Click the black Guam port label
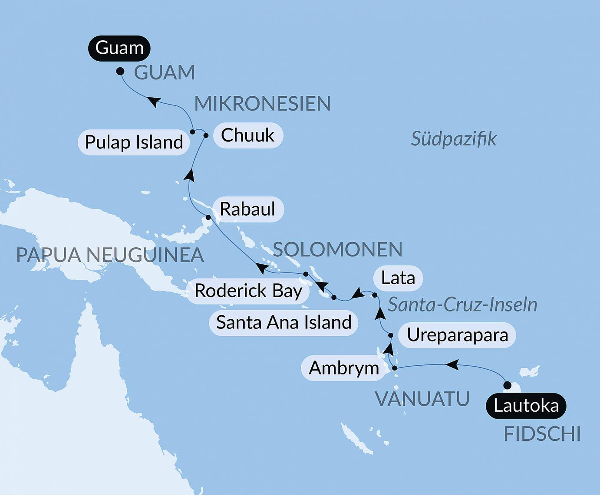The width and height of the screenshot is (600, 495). (x=119, y=48)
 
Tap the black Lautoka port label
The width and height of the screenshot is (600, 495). (x=526, y=406)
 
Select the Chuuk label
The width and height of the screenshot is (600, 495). (x=247, y=135)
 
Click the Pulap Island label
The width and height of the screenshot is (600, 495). (x=134, y=142)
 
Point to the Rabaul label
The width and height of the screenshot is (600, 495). (x=247, y=209)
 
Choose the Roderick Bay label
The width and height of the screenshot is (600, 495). (x=248, y=291)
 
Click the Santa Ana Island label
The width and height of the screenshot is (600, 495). (x=284, y=322)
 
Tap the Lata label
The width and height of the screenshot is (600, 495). (x=398, y=278)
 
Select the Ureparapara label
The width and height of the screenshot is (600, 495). (x=457, y=335)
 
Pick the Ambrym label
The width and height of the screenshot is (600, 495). (x=343, y=368)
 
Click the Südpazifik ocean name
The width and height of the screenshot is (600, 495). (x=453, y=139)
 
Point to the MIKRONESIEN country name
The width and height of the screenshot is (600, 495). (x=262, y=104)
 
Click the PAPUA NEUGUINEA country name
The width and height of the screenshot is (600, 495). (x=110, y=255)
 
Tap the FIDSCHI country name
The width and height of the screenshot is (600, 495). (x=542, y=434)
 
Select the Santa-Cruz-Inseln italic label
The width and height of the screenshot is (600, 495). (x=462, y=305)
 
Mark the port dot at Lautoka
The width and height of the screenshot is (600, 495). (x=507, y=385)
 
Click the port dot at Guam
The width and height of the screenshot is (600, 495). (x=120, y=71)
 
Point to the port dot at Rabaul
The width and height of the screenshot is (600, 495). (x=208, y=217)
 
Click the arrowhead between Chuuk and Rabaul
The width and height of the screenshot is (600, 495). (x=189, y=175)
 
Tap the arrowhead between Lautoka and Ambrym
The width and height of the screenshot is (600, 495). (x=452, y=365)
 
